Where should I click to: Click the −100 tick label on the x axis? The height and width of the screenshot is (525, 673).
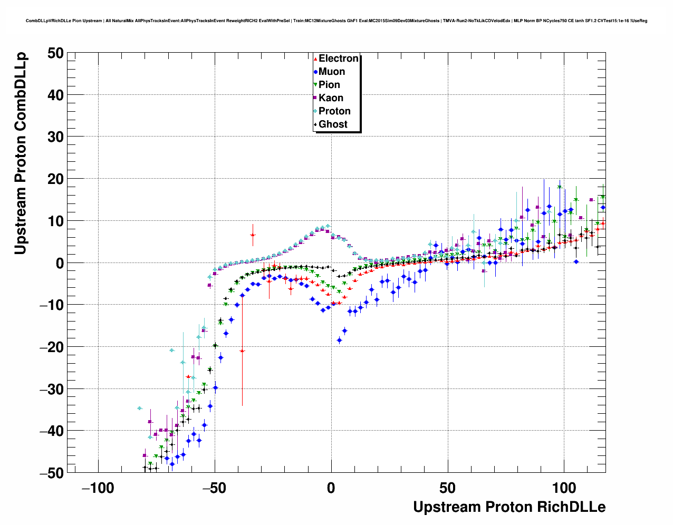pyautogui.click(x=98, y=488)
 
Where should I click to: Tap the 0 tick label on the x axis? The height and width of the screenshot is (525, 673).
pyautogui.click(x=331, y=488)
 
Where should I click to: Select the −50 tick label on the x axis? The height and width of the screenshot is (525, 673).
pyautogui.click(x=214, y=488)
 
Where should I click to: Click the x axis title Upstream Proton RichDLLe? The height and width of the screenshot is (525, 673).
pyautogui.click(x=509, y=507)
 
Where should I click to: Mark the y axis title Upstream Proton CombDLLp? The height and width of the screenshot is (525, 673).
pyautogui.click(x=21, y=153)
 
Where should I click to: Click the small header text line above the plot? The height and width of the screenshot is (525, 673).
pyautogui.click(x=336, y=21)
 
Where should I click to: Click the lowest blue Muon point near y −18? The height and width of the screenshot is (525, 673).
pyautogui.click(x=339, y=341)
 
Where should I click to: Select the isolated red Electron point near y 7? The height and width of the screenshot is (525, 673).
pyautogui.click(x=253, y=235)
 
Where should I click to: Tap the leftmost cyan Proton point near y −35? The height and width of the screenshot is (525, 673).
pyautogui.click(x=139, y=408)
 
